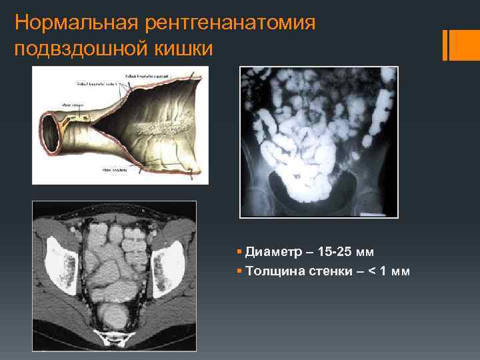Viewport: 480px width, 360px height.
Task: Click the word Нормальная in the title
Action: [x=76, y=23]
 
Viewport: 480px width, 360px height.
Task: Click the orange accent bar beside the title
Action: [x=445, y=45]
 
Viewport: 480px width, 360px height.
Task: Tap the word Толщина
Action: [x=273, y=271]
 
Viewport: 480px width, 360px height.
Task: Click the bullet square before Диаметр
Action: [x=239, y=253]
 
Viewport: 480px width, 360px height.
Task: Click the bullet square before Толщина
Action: [x=239, y=271]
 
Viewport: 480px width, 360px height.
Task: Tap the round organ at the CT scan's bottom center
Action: [x=114, y=314]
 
